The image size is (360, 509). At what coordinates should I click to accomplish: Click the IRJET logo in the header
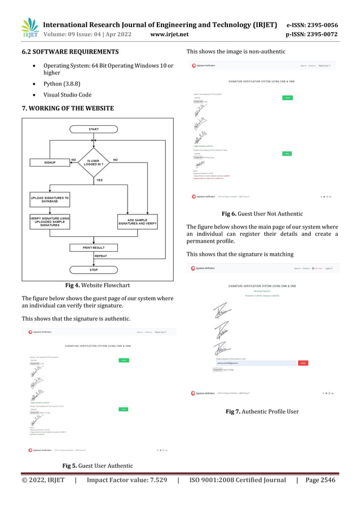tap(29, 29)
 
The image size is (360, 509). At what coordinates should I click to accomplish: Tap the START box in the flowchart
tap(93, 129)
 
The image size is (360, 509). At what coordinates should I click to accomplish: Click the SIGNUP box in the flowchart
tap(49, 162)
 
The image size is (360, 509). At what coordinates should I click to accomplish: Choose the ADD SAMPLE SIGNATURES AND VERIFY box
tap(137, 221)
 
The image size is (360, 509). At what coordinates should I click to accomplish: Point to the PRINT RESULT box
tap(93, 248)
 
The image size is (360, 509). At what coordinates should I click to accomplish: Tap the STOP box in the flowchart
tap(93, 269)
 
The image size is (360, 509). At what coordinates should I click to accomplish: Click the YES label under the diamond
tap(99, 181)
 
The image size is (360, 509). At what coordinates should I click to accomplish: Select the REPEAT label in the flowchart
tap(101, 256)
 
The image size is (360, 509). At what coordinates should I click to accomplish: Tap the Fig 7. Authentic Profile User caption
tap(262, 411)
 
